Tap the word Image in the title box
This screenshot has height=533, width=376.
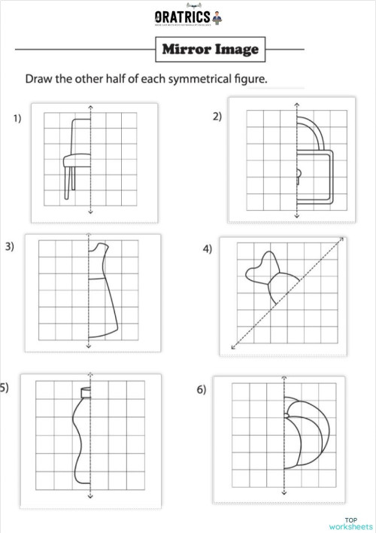point(234,50)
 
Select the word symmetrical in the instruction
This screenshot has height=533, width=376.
point(186,78)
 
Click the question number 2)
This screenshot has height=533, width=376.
point(217,116)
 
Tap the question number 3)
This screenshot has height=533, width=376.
point(10,246)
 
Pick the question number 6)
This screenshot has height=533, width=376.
point(202,389)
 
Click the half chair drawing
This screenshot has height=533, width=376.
point(77,154)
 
